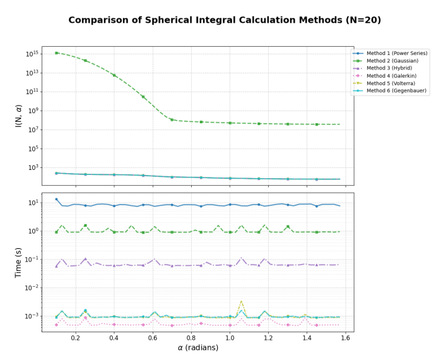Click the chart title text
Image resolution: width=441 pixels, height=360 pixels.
[225, 20]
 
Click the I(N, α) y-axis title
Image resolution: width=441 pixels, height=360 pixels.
[18, 116]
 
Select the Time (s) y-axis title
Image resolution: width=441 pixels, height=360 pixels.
[18, 261]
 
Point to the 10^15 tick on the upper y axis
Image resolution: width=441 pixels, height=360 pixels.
[32, 54]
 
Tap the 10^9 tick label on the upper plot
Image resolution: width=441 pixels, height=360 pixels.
[32, 111]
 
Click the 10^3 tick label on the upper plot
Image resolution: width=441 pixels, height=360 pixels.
[32, 168]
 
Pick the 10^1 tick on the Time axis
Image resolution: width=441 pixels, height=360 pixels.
[32, 203]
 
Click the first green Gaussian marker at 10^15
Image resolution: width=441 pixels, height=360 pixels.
[56, 53]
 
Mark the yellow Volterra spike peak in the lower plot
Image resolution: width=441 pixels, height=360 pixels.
[241, 302]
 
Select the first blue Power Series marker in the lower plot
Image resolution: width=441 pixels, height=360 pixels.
[56, 200]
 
